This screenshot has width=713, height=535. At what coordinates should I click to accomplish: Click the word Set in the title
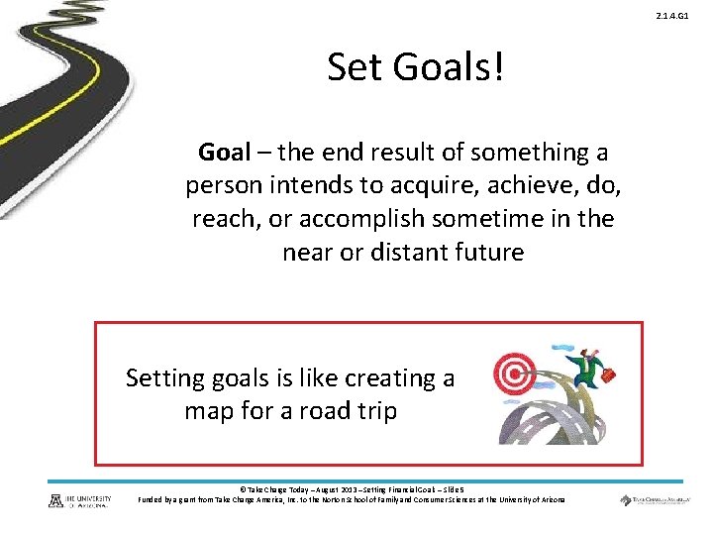pos(354,67)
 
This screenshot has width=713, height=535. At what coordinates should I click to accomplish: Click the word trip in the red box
pos(375,411)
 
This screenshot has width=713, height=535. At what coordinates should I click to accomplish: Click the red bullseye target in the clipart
pos(514,374)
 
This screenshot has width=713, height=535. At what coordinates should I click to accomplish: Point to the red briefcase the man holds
pos(609,374)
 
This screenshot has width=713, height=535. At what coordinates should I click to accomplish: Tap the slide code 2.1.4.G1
pos(686,17)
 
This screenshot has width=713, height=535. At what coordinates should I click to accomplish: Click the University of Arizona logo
pos(81,500)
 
